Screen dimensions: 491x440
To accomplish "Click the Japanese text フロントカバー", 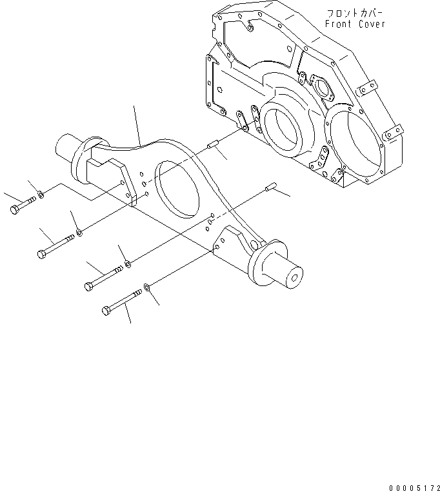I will click(354, 13).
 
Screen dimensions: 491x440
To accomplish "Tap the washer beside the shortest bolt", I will click(41, 193).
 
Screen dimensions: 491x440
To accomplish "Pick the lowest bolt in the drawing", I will click(123, 302).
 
